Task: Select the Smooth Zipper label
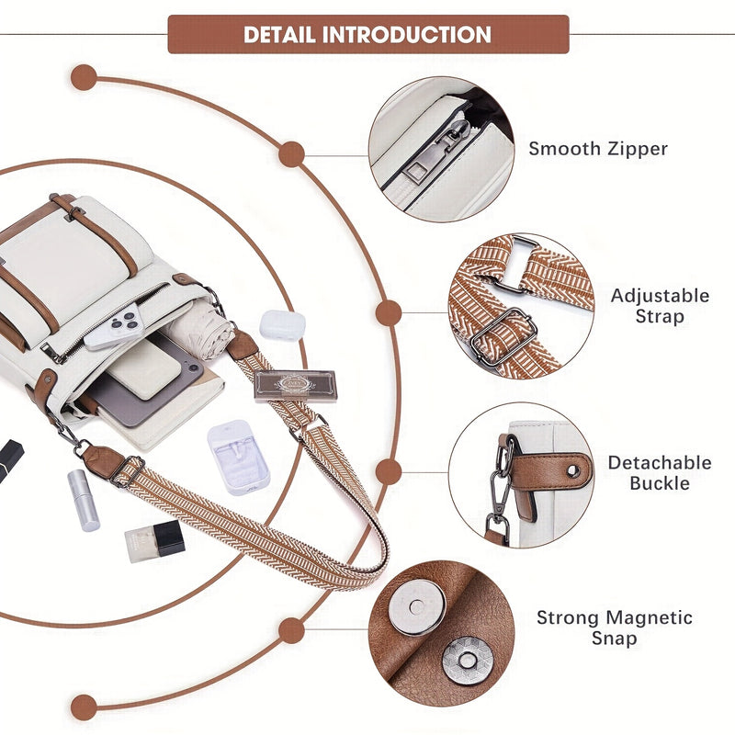click(x=597, y=149)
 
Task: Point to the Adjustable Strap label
click(x=660, y=305)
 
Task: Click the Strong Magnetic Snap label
click(x=614, y=628)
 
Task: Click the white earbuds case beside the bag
click(x=282, y=325)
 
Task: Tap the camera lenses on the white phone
click(x=126, y=322)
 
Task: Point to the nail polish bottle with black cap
click(x=154, y=541)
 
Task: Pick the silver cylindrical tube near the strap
click(x=83, y=500)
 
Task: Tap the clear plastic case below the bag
click(x=239, y=457)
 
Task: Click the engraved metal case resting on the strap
click(x=295, y=385)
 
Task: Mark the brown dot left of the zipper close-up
click(x=292, y=153)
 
